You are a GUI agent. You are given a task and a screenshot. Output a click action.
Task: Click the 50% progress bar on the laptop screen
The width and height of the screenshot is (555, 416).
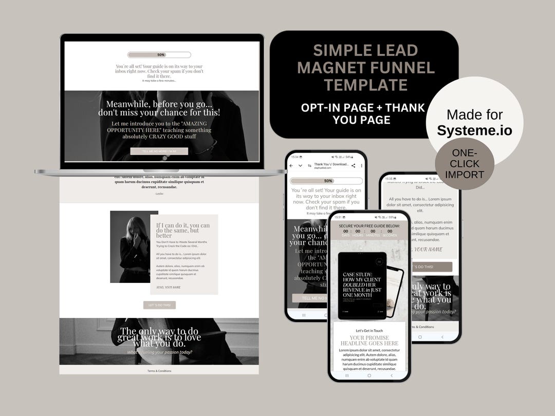coord(159,54)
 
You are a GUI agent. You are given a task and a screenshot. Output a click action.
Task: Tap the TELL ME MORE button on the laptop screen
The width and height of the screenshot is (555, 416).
coord(159,151)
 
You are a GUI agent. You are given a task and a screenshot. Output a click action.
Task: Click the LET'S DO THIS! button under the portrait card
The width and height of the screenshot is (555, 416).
coord(159,305)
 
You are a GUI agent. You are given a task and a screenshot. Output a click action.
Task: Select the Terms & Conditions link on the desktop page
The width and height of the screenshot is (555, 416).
coord(159,371)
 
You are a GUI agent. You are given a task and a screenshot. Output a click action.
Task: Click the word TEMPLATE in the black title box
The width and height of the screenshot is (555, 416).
coord(365,85)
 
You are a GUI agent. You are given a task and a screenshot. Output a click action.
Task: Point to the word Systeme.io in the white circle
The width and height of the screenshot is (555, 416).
coord(474,130)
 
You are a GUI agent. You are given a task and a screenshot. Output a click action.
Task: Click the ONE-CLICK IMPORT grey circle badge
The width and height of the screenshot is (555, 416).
coord(465,164)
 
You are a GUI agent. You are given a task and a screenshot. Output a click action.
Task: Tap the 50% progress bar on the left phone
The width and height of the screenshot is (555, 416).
coord(326,181)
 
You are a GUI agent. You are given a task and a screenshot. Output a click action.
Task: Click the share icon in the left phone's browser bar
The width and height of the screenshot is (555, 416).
coord(353,165)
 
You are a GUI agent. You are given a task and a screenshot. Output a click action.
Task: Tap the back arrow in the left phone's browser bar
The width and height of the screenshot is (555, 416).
coord(291,165)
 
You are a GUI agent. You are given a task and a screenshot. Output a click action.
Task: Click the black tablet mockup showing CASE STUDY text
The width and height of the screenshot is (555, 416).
coord(362,286)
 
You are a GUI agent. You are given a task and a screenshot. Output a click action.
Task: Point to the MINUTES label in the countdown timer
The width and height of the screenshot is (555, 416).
coord(373,235)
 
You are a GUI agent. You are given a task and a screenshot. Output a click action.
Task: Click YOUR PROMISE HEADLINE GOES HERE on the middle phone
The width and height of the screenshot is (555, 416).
coord(369,340)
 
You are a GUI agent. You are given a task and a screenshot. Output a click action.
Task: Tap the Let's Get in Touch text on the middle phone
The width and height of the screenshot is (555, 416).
coord(369,331)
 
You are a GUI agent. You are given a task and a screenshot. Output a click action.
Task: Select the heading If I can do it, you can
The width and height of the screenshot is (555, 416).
coord(183,228)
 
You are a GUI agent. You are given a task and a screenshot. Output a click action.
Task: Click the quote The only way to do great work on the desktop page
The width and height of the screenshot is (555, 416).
coord(159,336)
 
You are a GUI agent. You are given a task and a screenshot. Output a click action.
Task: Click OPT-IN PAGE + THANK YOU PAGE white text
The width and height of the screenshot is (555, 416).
coord(363,114)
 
